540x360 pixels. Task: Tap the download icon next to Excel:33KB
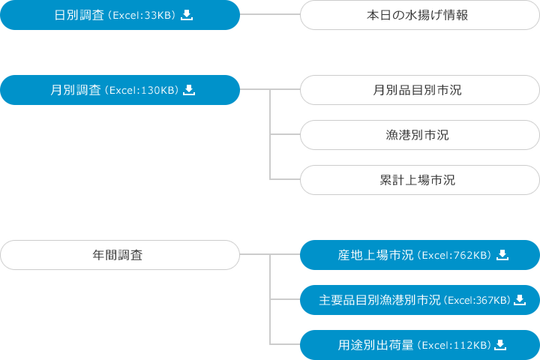(x=187, y=15)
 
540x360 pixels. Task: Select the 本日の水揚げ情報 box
(x=418, y=15)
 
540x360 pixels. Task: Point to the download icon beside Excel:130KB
(x=189, y=90)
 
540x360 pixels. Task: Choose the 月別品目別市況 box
(x=418, y=90)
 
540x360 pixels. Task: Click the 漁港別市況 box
(x=418, y=135)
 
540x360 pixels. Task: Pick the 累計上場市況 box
(x=418, y=180)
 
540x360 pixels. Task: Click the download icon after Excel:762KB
(x=502, y=255)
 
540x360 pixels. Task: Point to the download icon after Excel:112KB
(x=501, y=345)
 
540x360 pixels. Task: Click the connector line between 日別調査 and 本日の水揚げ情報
(x=270, y=15)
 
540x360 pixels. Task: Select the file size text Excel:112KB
(x=455, y=346)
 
